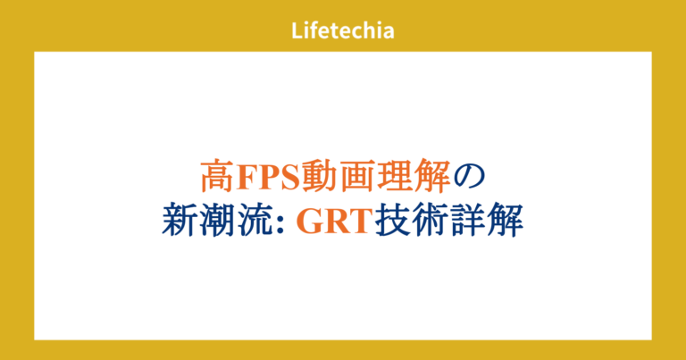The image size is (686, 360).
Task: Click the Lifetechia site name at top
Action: (x=343, y=29)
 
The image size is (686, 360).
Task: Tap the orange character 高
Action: (x=214, y=176)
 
